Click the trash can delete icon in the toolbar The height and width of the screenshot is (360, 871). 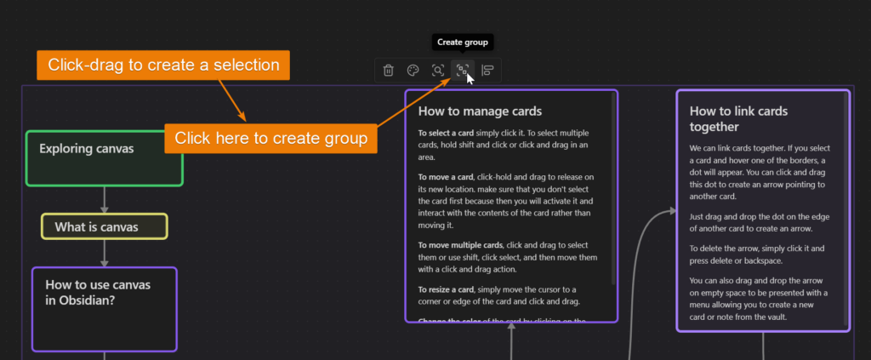click(x=389, y=71)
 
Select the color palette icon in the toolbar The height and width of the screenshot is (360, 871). click(x=413, y=71)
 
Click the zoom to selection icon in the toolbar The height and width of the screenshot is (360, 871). click(x=438, y=71)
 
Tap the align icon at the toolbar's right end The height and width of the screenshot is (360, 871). click(x=488, y=71)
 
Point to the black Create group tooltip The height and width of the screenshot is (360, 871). click(x=464, y=42)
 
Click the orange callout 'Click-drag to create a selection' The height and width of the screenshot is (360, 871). click(x=163, y=65)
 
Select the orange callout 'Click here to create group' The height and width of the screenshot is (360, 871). click(x=270, y=138)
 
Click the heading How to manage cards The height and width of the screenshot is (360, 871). click(x=480, y=111)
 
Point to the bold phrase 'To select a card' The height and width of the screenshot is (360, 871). click(x=448, y=134)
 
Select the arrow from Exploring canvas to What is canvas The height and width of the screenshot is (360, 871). click(x=105, y=199)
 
